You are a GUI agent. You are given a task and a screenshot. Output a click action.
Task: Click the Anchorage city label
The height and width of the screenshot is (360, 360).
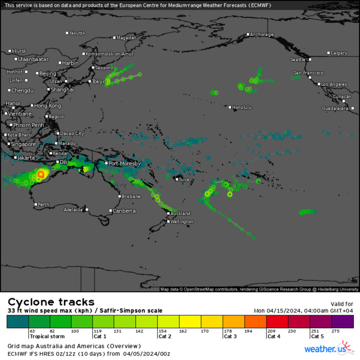262,34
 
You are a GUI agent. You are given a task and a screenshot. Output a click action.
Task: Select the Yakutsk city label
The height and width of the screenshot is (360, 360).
77,33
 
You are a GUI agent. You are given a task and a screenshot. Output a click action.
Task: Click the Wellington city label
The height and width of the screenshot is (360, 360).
182,222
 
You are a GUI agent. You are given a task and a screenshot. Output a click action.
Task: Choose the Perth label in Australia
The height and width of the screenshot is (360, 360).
44,205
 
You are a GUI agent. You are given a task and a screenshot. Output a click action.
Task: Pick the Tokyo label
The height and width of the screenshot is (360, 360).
99,81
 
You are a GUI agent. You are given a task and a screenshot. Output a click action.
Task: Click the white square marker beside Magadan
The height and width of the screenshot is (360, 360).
114,38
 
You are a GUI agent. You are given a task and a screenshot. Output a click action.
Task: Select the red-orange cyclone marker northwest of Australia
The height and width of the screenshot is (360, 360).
41,175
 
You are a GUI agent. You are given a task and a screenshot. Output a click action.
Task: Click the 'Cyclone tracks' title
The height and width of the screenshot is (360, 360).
51,302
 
